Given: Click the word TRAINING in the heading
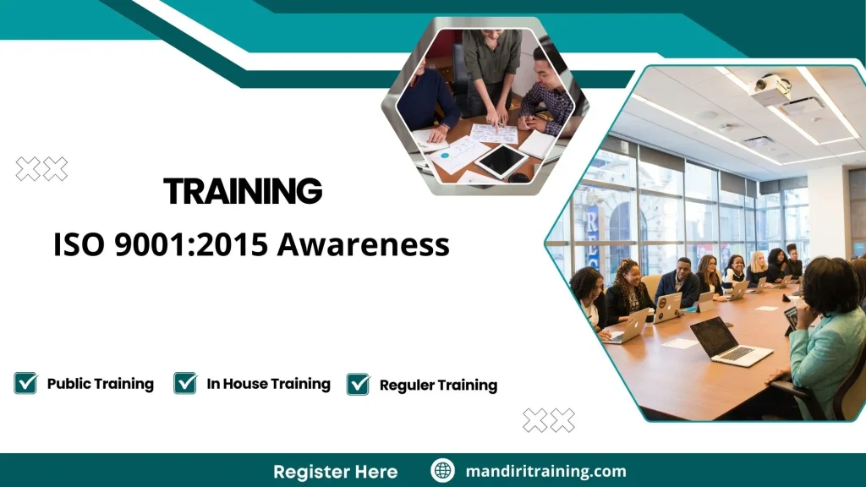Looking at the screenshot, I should pos(243,192).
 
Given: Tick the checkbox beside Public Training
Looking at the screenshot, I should pos(25,383).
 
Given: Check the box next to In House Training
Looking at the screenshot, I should pos(185,383).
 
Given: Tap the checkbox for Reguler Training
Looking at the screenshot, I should pos(359,384).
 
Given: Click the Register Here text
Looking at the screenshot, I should pos(335,471).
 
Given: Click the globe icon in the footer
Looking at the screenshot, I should pos(442,471).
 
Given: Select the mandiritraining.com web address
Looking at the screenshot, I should pos(545,471).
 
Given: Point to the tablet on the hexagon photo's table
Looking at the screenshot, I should pos(501,160).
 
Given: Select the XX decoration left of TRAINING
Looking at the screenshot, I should pos(41,169).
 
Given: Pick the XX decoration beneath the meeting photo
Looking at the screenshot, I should pos(548,420).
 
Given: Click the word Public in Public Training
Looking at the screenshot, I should pos(69,384).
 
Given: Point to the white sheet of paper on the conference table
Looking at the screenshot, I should pos(680,344).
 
